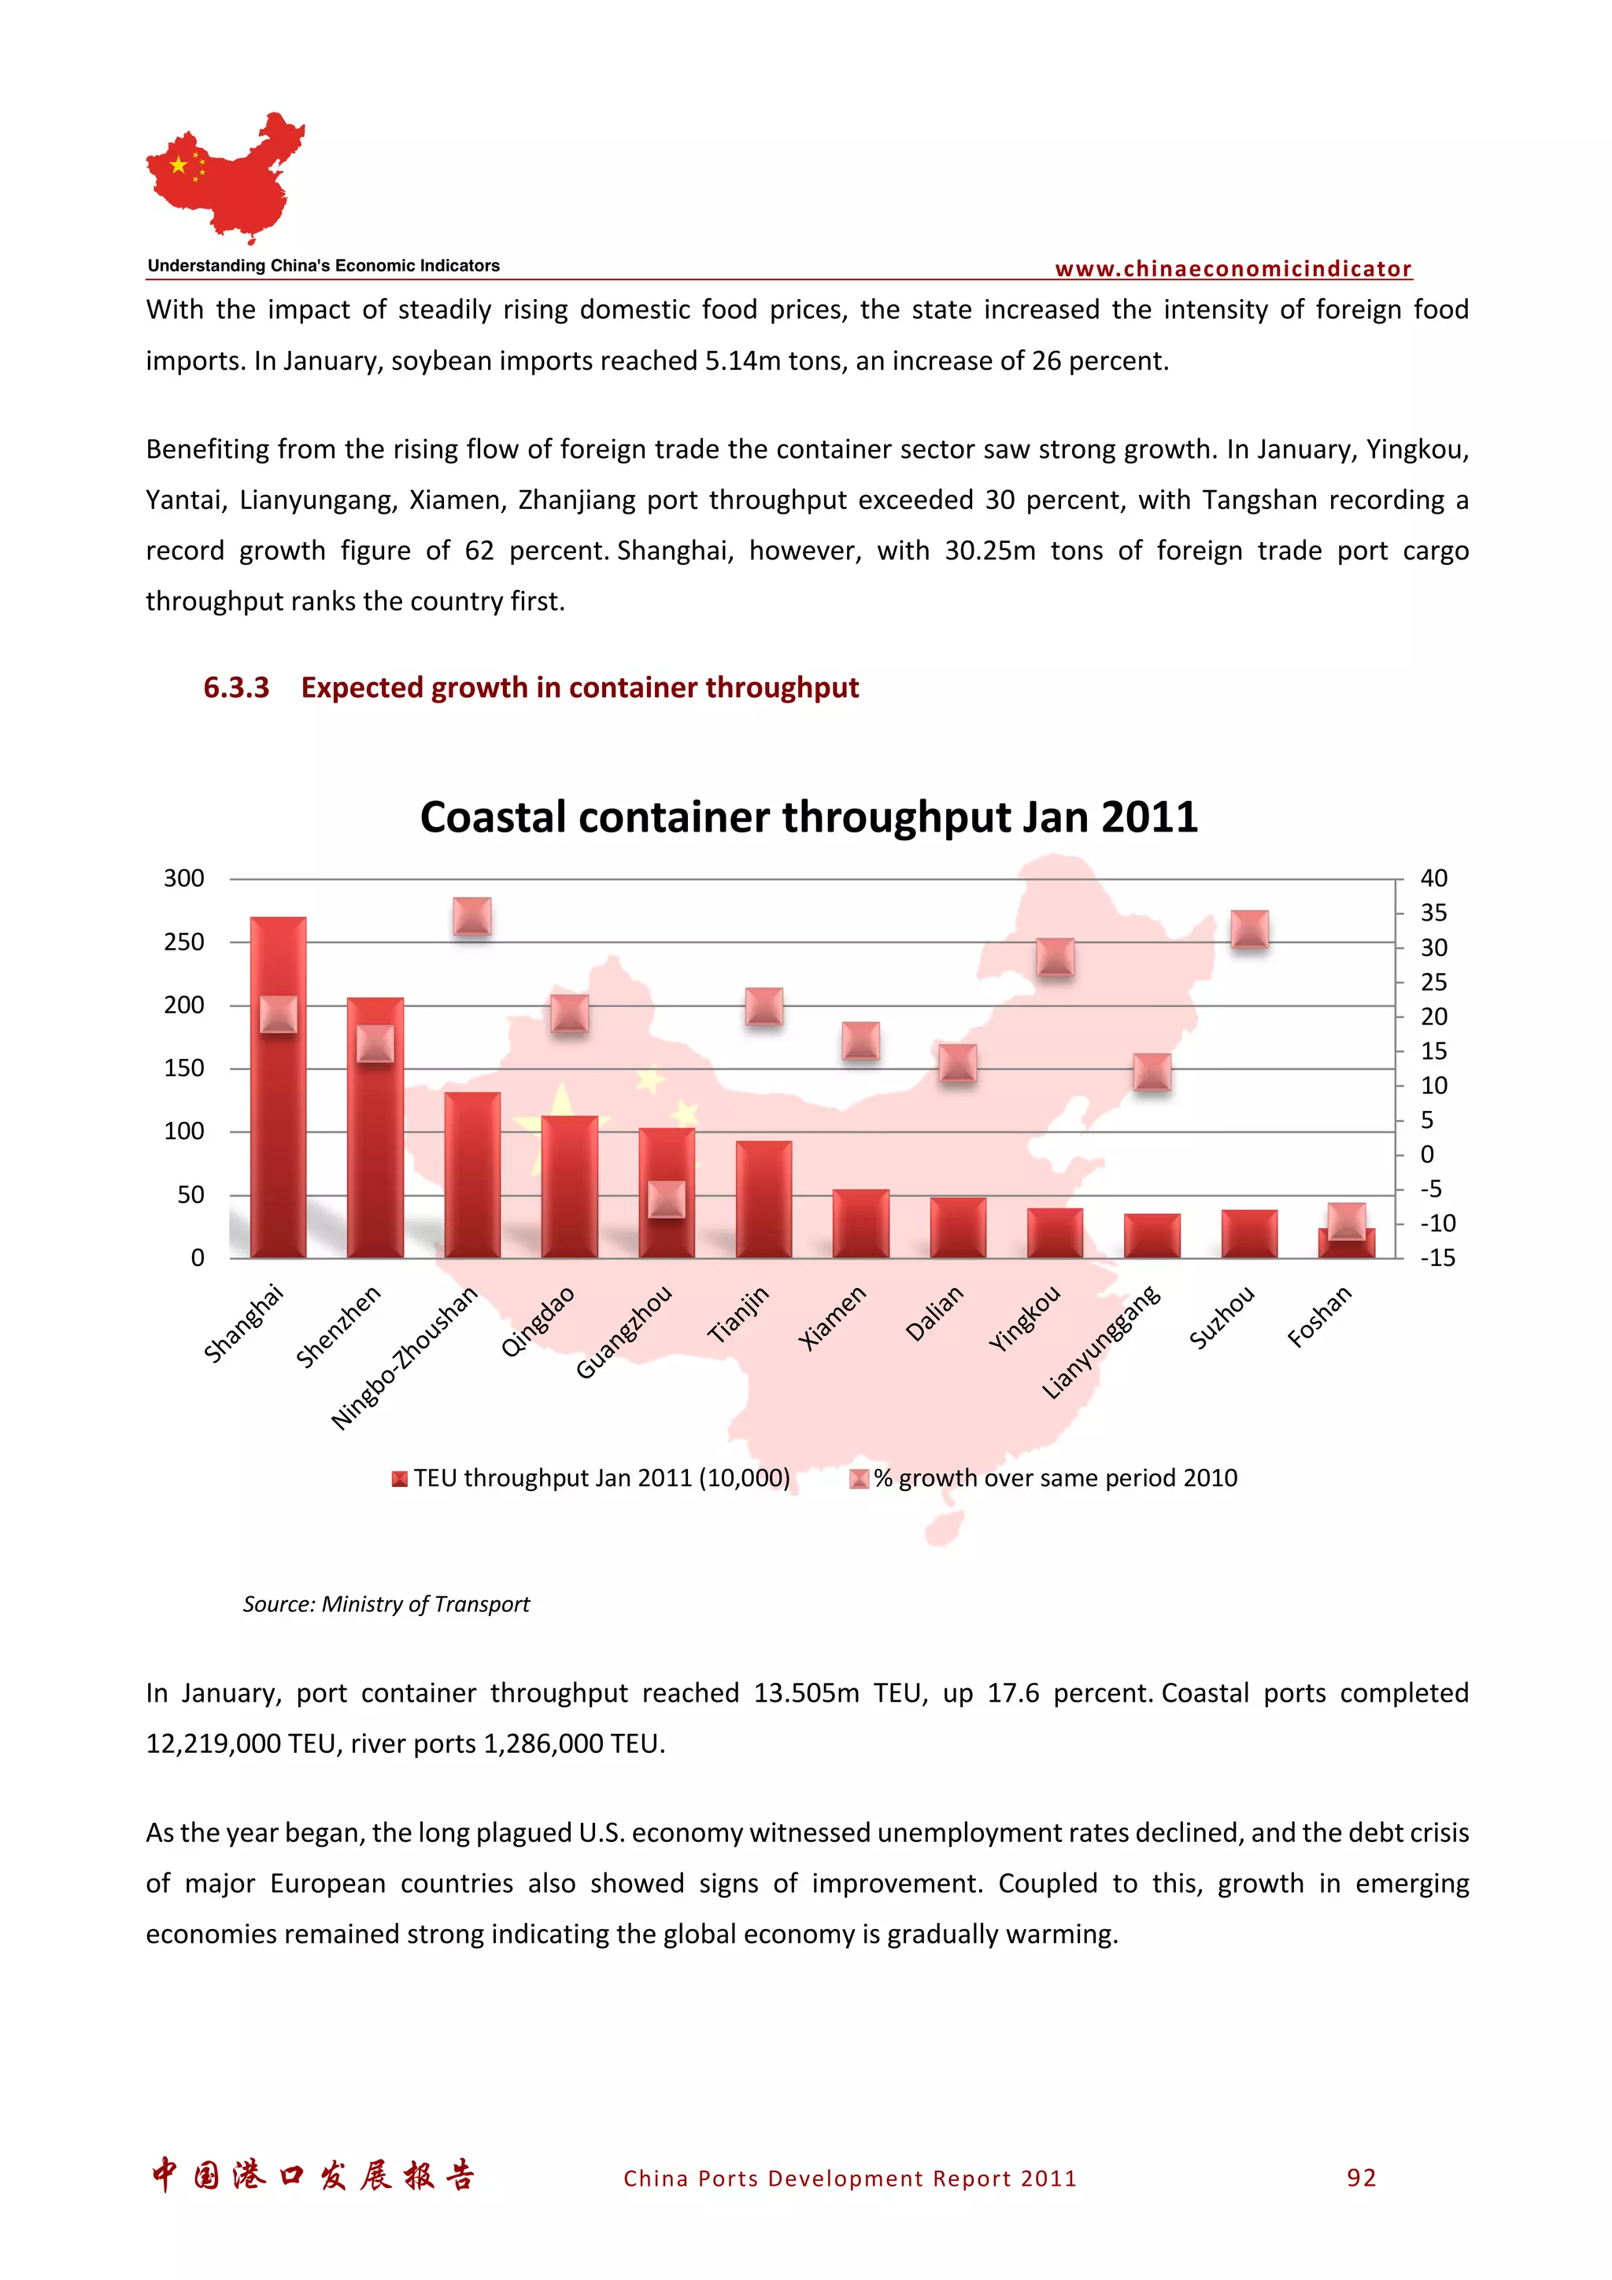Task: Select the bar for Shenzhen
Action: pos(375,1142)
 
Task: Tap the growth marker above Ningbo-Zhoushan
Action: pos(471,916)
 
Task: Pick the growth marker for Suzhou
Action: pos(1248,928)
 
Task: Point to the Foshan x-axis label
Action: pos(1319,1317)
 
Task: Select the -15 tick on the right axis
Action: pos(1437,1258)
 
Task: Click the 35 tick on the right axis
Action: pos(1433,913)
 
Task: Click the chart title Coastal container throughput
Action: pos(808,817)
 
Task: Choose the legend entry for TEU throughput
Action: pos(592,1478)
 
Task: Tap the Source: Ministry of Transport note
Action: pos(386,1603)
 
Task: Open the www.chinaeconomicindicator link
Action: pos(1233,269)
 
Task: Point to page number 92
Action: pos(1361,2178)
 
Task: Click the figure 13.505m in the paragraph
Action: pos(805,1693)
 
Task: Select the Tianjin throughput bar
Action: pos(763,1200)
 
